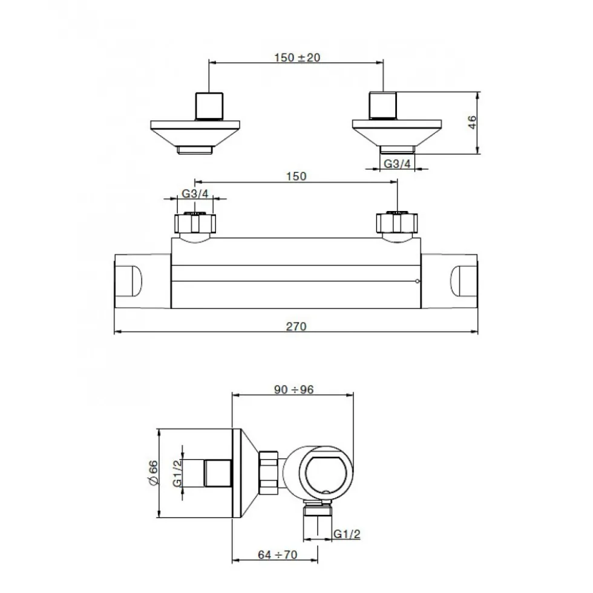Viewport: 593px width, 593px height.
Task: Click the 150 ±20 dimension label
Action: [297, 57]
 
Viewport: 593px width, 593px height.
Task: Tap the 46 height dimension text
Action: [472, 123]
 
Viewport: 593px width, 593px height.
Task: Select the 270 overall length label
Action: [296, 326]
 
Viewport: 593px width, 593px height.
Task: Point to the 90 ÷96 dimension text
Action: [294, 389]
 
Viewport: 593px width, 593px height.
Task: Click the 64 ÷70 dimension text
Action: [278, 554]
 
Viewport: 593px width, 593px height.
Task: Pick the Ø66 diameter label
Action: [152, 473]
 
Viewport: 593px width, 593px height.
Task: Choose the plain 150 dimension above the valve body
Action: [296, 177]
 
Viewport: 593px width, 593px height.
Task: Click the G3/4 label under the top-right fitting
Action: [397, 164]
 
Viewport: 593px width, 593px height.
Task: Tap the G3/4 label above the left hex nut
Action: [195, 193]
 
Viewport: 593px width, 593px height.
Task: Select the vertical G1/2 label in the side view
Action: [177, 473]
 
